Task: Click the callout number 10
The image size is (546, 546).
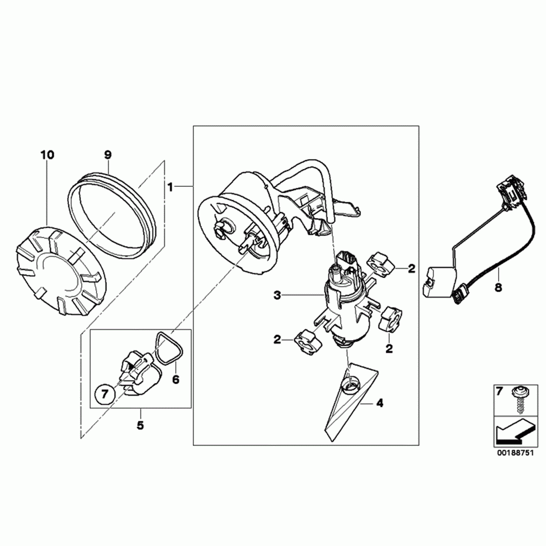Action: tap(47, 155)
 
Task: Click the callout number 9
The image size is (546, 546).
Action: tap(108, 155)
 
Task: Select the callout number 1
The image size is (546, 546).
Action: tap(170, 187)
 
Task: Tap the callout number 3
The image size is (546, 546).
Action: tap(277, 296)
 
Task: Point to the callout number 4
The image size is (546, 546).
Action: tap(379, 403)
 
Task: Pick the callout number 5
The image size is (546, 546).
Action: tap(140, 425)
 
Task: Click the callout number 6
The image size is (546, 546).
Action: tap(175, 379)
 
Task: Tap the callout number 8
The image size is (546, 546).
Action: tap(498, 288)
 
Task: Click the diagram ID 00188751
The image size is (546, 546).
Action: tap(514, 454)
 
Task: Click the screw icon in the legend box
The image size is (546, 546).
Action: tap(518, 401)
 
